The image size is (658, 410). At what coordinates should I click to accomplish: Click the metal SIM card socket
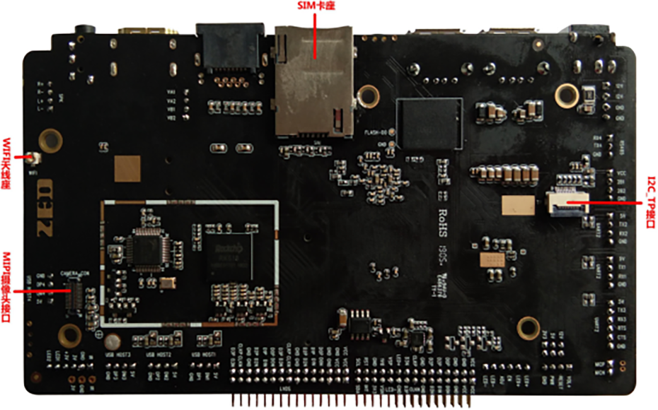[314, 81]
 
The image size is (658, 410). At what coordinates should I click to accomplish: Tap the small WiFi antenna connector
[31, 158]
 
